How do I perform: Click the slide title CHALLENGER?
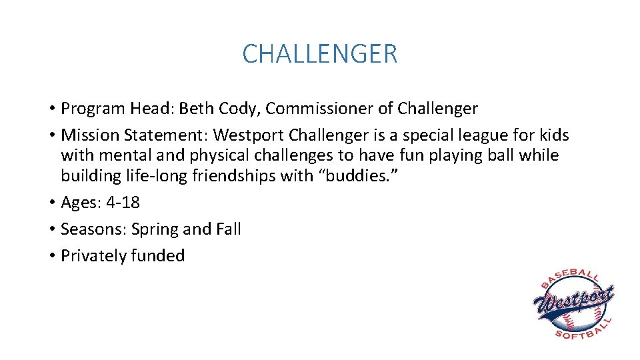(x=320, y=53)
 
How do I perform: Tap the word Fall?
(x=228, y=229)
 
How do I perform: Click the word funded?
(x=158, y=255)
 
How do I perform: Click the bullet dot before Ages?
(x=51, y=203)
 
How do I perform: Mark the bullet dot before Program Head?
(x=51, y=109)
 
